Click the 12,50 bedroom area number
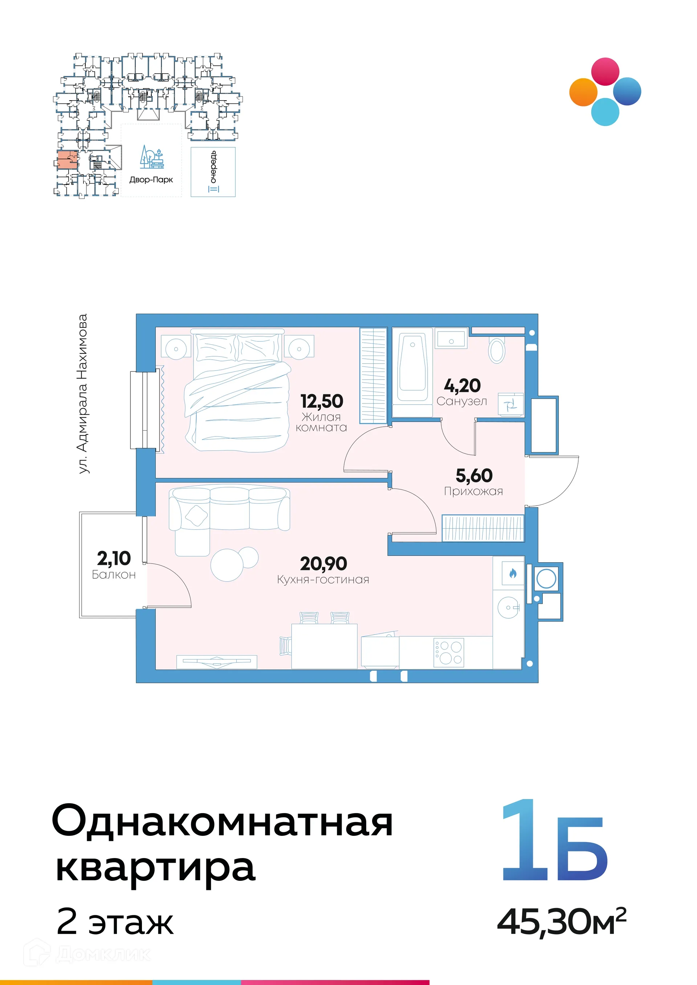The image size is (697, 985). coord(322,402)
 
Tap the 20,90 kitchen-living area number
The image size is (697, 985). coord(323,564)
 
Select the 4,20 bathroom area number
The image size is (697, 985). coord(462,386)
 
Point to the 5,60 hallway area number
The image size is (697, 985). coord(474,475)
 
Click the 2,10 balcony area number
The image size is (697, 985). coord(114,558)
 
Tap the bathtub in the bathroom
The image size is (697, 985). coord(412,368)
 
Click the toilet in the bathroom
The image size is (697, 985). coord(497,350)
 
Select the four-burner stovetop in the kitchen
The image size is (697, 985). coord(448,653)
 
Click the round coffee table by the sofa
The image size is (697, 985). coord(227,565)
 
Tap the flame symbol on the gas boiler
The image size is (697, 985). coord(513,573)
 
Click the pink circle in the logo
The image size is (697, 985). coord(605,71)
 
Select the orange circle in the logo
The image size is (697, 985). coord(583,92)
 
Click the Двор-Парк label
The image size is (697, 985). coord(151,180)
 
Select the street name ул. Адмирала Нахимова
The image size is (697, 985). coord(82,394)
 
